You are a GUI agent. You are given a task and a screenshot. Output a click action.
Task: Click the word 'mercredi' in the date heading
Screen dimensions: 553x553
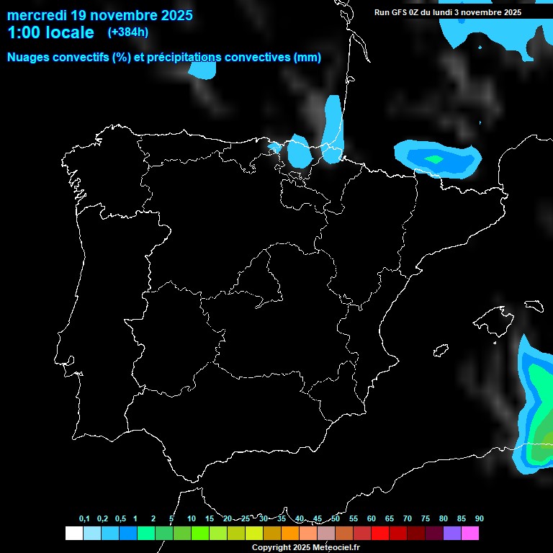click(x=35, y=15)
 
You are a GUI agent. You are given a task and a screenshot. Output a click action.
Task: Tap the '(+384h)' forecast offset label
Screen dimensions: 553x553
click(x=127, y=32)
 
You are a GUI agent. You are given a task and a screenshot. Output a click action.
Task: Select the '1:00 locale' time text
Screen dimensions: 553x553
click(x=50, y=32)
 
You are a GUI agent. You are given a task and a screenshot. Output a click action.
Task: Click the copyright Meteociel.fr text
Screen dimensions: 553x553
click(x=306, y=547)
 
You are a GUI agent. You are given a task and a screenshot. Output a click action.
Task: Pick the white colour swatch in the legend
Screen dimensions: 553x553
click(x=73, y=533)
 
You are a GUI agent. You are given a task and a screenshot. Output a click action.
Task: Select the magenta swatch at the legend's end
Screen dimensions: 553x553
click(x=470, y=533)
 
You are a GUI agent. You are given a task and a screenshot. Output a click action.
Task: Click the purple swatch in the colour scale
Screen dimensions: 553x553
click(x=452, y=533)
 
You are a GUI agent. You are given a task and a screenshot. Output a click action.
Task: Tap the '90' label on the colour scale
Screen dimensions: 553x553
click(x=479, y=518)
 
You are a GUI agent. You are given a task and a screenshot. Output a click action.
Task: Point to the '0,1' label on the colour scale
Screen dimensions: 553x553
click(x=84, y=518)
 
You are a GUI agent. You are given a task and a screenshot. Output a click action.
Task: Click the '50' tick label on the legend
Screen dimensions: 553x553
click(x=336, y=518)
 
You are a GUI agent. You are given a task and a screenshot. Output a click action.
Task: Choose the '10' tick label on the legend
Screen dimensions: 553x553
click(x=192, y=518)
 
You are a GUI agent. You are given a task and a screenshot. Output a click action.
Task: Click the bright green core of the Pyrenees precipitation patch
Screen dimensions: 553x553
click(x=434, y=159)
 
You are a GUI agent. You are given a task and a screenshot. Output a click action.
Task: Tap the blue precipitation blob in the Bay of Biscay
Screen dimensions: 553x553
click(x=202, y=70)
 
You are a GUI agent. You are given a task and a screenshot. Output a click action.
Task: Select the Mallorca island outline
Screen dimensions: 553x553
click(x=491, y=321)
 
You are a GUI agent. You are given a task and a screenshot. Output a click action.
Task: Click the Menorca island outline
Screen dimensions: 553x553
click(x=534, y=305)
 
